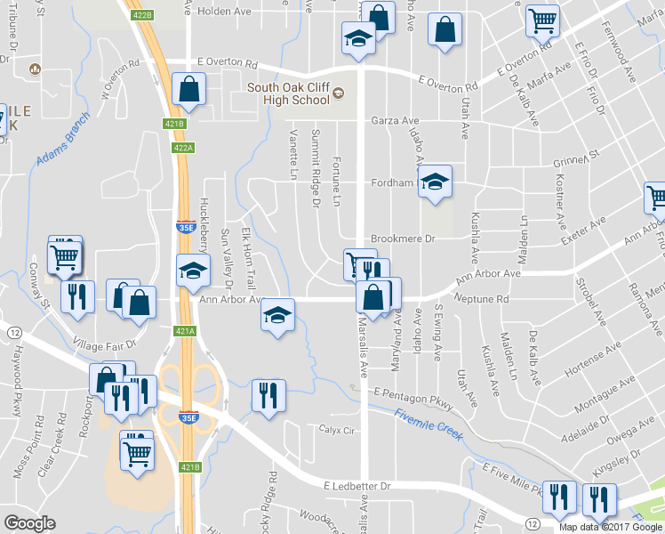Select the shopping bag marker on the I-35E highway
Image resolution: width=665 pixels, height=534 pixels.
[x=189, y=88]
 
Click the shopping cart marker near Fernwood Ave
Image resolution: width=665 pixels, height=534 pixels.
[x=542, y=20]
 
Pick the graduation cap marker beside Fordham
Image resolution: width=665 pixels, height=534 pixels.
[x=435, y=182]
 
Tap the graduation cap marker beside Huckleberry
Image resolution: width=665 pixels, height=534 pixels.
[x=192, y=271]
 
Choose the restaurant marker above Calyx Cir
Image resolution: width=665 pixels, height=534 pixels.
[x=268, y=397]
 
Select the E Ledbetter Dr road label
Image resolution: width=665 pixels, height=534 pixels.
[x=357, y=487]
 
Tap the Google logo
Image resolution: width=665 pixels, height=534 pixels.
[x=30, y=523]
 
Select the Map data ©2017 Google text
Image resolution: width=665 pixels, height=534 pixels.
[x=611, y=527]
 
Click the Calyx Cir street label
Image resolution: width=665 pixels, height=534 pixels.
[x=337, y=429]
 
